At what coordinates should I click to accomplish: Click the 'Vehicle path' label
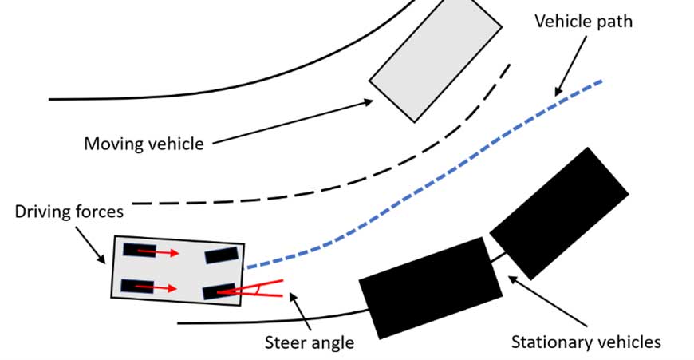click(x=582, y=22)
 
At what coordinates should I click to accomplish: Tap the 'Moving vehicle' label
click(x=144, y=144)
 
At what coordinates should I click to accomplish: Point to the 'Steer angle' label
click(x=310, y=342)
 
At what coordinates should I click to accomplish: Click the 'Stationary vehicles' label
click(x=586, y=342)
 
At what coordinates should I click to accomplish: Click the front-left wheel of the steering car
click(x=221, y=255)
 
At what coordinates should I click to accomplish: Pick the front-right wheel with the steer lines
click(x=217, y=292)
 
